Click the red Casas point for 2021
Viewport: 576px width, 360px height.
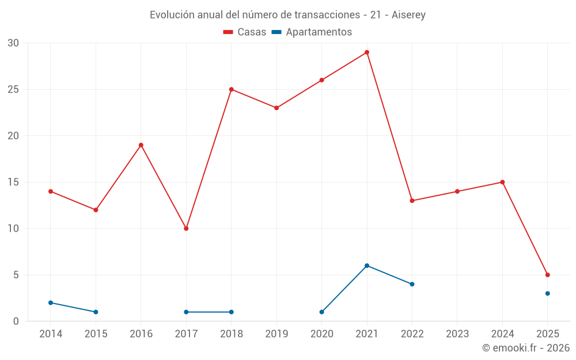click(x=367, y=52)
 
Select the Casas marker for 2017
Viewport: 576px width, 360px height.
click(x=186, y=229)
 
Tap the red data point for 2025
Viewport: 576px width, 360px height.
click(x=547, y=275)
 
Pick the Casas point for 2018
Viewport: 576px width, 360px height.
click(x=231, y=89)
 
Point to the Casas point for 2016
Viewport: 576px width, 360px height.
click(x=141, y=145)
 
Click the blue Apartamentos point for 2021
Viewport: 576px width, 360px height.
click(x=367, y=266)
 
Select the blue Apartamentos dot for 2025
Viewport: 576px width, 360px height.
click(x=547, y=293)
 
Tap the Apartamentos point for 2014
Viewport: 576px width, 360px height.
click(x=51, y=302)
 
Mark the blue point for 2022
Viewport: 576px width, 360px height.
click(x=412, y=284)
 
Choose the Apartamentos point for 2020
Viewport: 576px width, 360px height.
click(x=321, y=312)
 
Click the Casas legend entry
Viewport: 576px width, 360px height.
click(x=245, y=32)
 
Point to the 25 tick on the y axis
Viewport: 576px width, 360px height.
click(x=14, y=89)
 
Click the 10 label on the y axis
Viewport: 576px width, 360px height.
click(x=14, y=229)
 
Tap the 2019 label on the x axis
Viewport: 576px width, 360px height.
click(x=276, y=334)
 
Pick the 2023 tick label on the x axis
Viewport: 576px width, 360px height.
click(x=457, y=334)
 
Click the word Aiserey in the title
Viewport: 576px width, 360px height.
click(x=408, y=15)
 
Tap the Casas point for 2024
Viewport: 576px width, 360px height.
click(x=502, y=182)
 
